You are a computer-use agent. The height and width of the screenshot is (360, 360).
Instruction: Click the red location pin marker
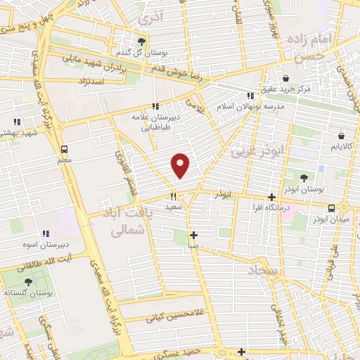[181, 165]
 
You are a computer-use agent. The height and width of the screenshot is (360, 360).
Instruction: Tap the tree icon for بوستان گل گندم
[142, 42]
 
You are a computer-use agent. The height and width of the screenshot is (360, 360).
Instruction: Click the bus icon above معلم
[64, 149]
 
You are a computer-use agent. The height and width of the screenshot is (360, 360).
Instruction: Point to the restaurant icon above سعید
[172, 198]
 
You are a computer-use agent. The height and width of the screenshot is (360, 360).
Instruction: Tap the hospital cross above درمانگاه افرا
[272, 198]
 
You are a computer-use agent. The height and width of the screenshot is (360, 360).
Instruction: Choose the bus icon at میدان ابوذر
[331, 207]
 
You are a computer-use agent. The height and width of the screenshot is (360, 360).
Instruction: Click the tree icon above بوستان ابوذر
[304, 179]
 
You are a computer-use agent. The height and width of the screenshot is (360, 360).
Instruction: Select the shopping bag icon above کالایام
[341, 136]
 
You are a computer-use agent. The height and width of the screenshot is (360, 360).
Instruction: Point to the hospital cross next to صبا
[194, 236]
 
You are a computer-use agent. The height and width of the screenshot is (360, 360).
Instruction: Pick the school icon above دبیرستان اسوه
[46, 233]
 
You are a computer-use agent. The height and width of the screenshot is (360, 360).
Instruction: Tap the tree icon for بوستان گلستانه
[28, 281]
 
